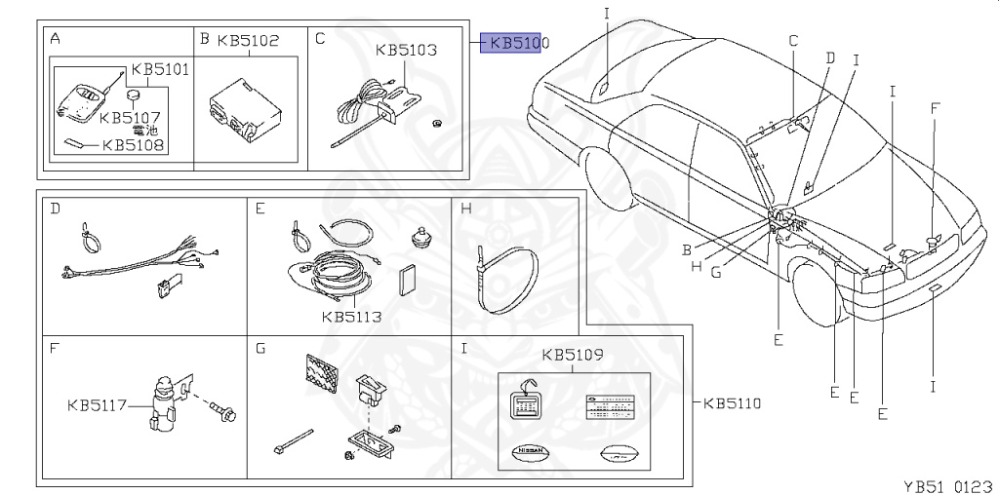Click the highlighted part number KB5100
(518, 44)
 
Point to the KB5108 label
(133, 145)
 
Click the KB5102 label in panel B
(248, 40)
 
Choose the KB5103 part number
(406, 50)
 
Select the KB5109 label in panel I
(573, 356)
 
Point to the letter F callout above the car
(935, 108)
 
